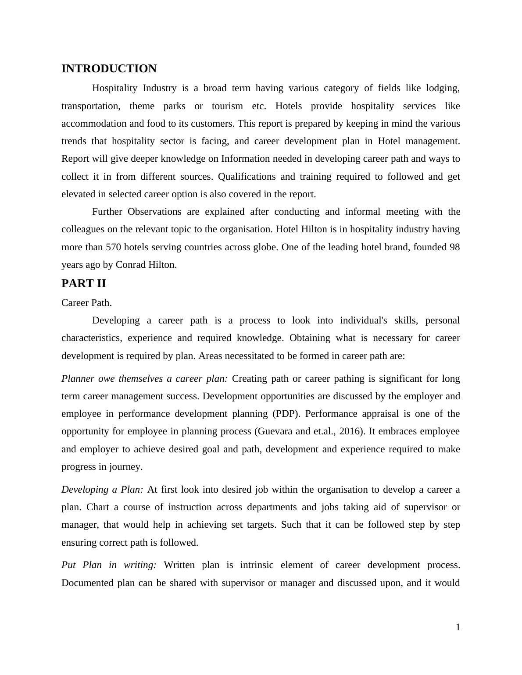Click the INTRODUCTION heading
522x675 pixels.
point(109,69)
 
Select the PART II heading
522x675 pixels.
point(84,284)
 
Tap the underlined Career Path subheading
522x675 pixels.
point(86,303)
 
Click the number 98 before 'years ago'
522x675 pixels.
point(454,247)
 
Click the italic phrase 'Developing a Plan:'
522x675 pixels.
point(102,490)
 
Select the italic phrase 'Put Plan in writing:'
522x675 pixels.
point(109,565)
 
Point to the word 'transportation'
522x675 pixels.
point(90,106)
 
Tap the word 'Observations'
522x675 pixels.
point(154,212)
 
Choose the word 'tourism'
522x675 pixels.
point(227,106)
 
